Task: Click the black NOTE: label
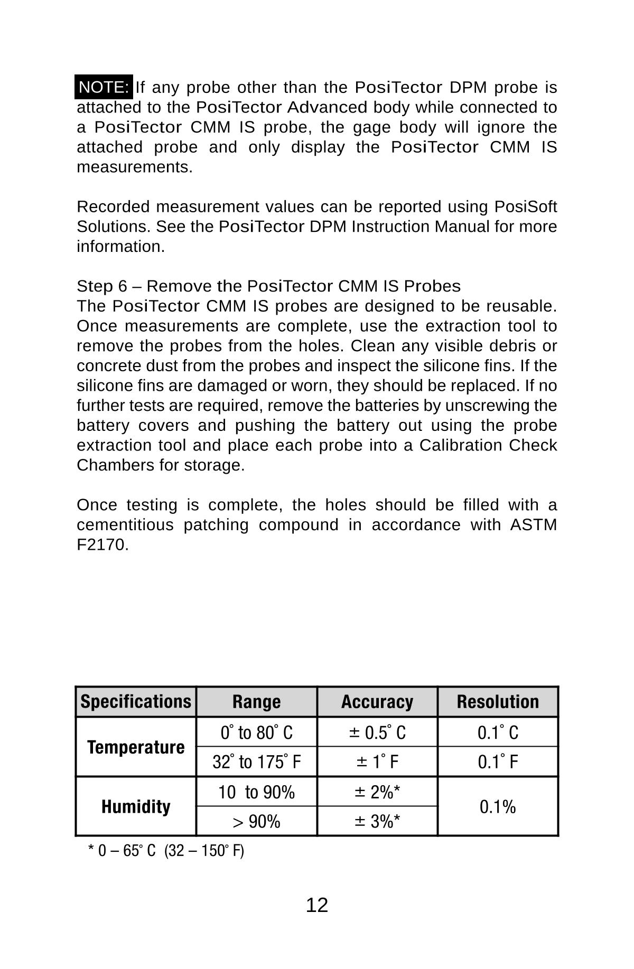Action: click(x=104, y=87)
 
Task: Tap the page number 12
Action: click(x=317, y=905)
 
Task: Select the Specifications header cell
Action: click(x=136, y=702)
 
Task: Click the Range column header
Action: click(x=256, y=702)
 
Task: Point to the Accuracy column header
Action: click(x=377, y=702)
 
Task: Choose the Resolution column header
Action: click(x=498, y=702)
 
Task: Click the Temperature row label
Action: click(x=136, y=747)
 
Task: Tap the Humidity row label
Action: click(x=136, y=806)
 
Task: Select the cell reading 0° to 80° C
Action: click(x=256, y=732)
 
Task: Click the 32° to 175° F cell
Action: click(x=256, y=762)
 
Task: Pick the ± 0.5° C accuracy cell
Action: click(x=377, y=732)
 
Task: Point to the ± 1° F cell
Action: click(x=377, y=762)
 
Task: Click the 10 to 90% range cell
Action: click(x=256, y=792)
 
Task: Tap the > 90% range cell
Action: click(x=256, y=822)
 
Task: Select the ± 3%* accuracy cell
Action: click(x=377, y=822)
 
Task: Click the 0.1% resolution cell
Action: click(x=498, y=807)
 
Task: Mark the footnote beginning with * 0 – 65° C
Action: click(x=166, y=851)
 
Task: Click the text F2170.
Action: click(x=102, y=544)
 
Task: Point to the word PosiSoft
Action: click(x=525, y=206)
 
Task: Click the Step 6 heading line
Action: click(x=268, y=286)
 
